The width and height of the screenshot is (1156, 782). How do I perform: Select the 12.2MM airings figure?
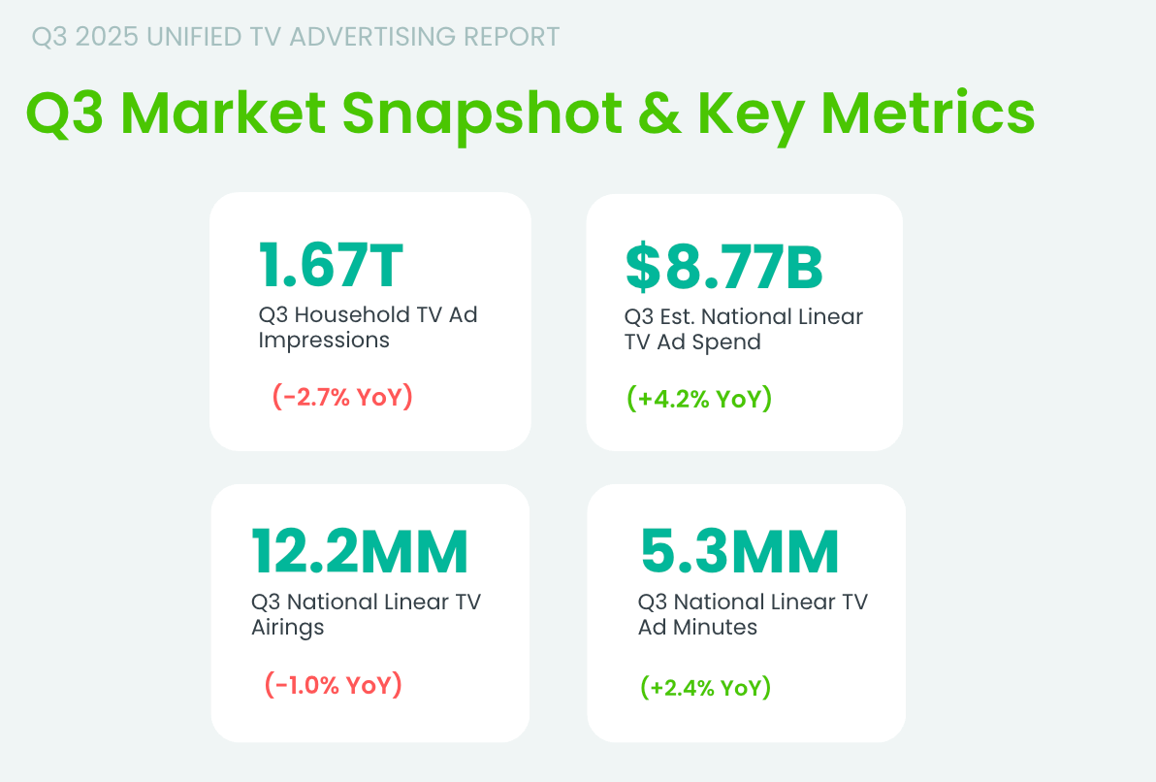360,551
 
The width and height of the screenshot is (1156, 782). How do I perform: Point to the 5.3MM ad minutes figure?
739,551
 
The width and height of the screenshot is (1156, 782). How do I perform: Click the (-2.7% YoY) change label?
342,397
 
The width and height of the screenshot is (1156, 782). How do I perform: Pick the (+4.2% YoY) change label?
698,399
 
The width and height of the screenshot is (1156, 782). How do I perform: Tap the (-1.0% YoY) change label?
333,684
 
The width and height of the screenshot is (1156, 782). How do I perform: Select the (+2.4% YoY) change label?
705,688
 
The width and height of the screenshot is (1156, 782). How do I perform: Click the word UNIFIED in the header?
192,37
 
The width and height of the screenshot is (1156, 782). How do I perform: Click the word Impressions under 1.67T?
324,341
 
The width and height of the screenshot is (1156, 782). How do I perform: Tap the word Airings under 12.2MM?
287,627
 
